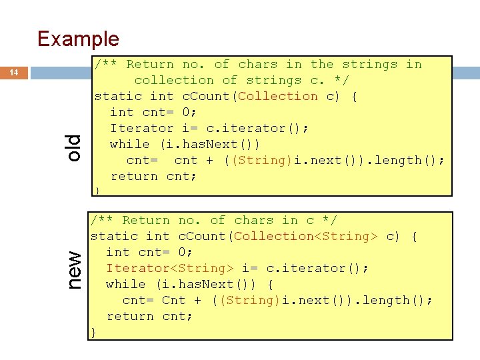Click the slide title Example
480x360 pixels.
click(x=78, y=39)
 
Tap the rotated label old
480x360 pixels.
click(x=73, y=147)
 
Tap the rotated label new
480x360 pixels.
click(x=75, y=269)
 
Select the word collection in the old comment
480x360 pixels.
click(x=174, y=80)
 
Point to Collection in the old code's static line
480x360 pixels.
click(x=278, y=96)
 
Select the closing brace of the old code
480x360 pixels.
click(x=97, y=191)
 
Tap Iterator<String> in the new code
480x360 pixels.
click(x=170, y=268)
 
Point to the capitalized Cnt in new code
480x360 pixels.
click(x=174, y=300)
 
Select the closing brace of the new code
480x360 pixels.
click(x=94, y=331)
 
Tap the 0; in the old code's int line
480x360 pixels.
click(x=187, y=112)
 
